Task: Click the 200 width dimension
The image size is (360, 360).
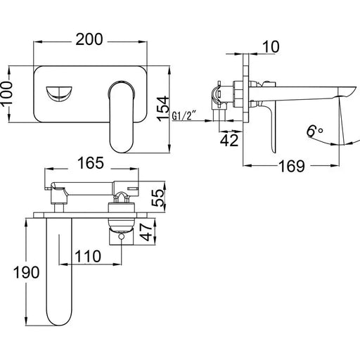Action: pos(91,40)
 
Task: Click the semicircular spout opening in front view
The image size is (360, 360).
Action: pos(59,92)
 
